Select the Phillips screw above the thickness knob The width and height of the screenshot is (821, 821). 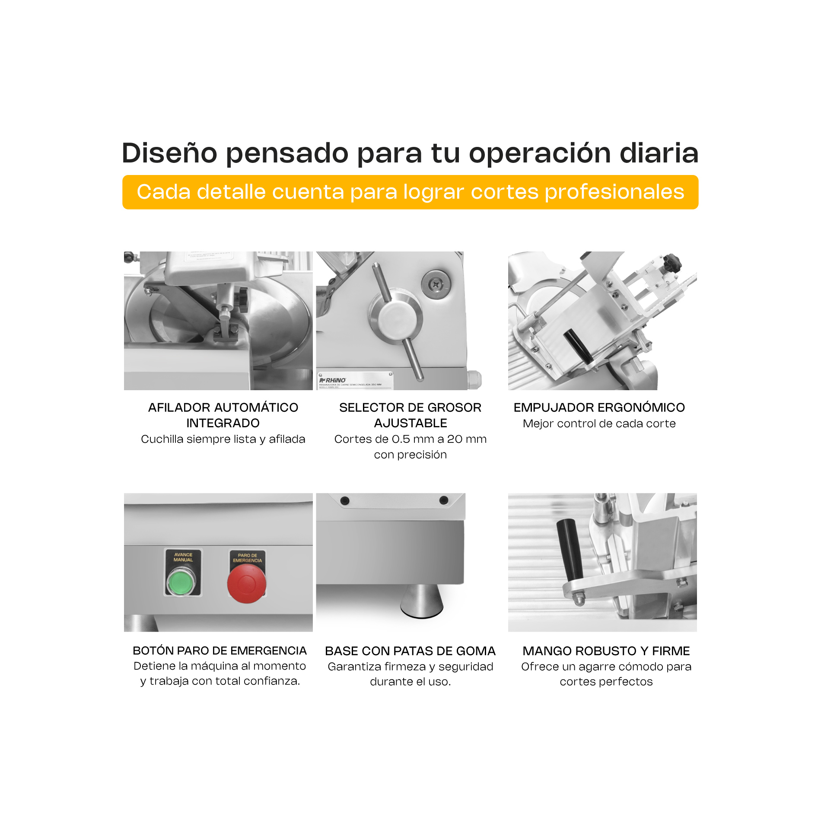coord(436,284)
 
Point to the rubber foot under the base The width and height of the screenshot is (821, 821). coord(421,601)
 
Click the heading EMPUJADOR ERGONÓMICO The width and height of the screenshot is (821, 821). coord(599,407)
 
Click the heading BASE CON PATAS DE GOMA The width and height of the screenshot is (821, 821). coord(410,651)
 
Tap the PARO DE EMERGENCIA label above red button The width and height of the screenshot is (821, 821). coord(247,558)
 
